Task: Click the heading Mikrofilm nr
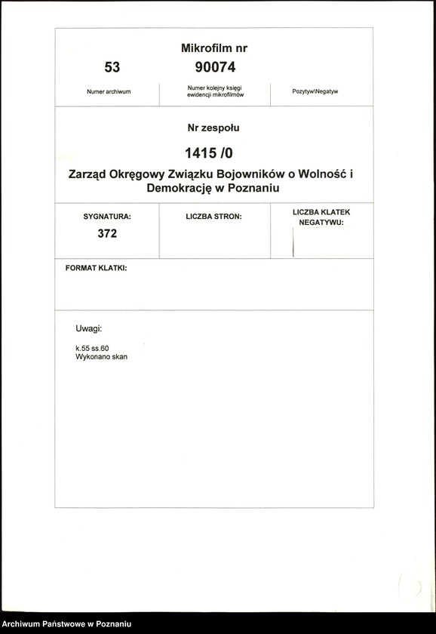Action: point(214,48)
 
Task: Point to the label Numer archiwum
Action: point(109,92)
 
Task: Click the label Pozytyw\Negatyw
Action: point(315,92)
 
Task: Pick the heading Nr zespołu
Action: point(213,128)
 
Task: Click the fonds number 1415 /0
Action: point(214,154)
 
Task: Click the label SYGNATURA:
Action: point(107,217)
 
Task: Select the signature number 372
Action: point(107,234)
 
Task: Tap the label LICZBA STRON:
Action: point(213,217)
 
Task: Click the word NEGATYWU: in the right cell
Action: point(321,223)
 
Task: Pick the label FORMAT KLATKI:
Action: point(97,269)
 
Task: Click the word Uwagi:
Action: point(88,330)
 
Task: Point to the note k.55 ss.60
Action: point(93,348)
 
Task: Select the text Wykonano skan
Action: point(102,357)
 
